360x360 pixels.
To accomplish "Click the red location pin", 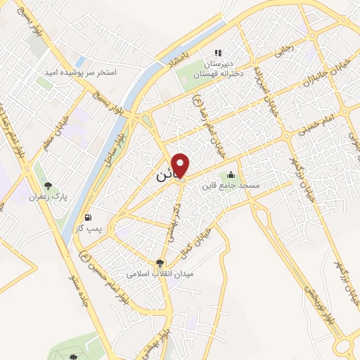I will coord(181,165).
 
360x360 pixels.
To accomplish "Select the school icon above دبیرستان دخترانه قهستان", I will coord(218,52).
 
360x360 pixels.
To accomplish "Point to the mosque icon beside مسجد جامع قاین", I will coord(231,175).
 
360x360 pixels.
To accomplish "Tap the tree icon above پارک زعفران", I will coord(48,186).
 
